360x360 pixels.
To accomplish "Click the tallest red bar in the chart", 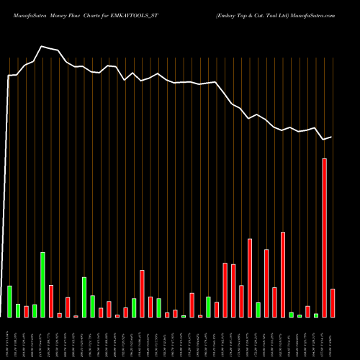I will tap(325, 238).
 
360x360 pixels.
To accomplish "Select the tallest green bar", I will tap(42, 284).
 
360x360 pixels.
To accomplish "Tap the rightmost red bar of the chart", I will tap(333, 302).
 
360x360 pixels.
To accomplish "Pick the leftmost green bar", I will tap(10, 301).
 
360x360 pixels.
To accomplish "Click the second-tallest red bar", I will tap(283, 274).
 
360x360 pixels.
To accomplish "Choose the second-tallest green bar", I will tap(84, 297).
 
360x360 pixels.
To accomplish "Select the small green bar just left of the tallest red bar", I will tap(316, 315).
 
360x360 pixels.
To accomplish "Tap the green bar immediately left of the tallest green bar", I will tap(35, 310).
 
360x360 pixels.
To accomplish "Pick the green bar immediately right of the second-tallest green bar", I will tap(93, 306).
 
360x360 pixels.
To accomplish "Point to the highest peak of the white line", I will tap(42, 46).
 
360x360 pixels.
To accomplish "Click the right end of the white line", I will tap(332, 136).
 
